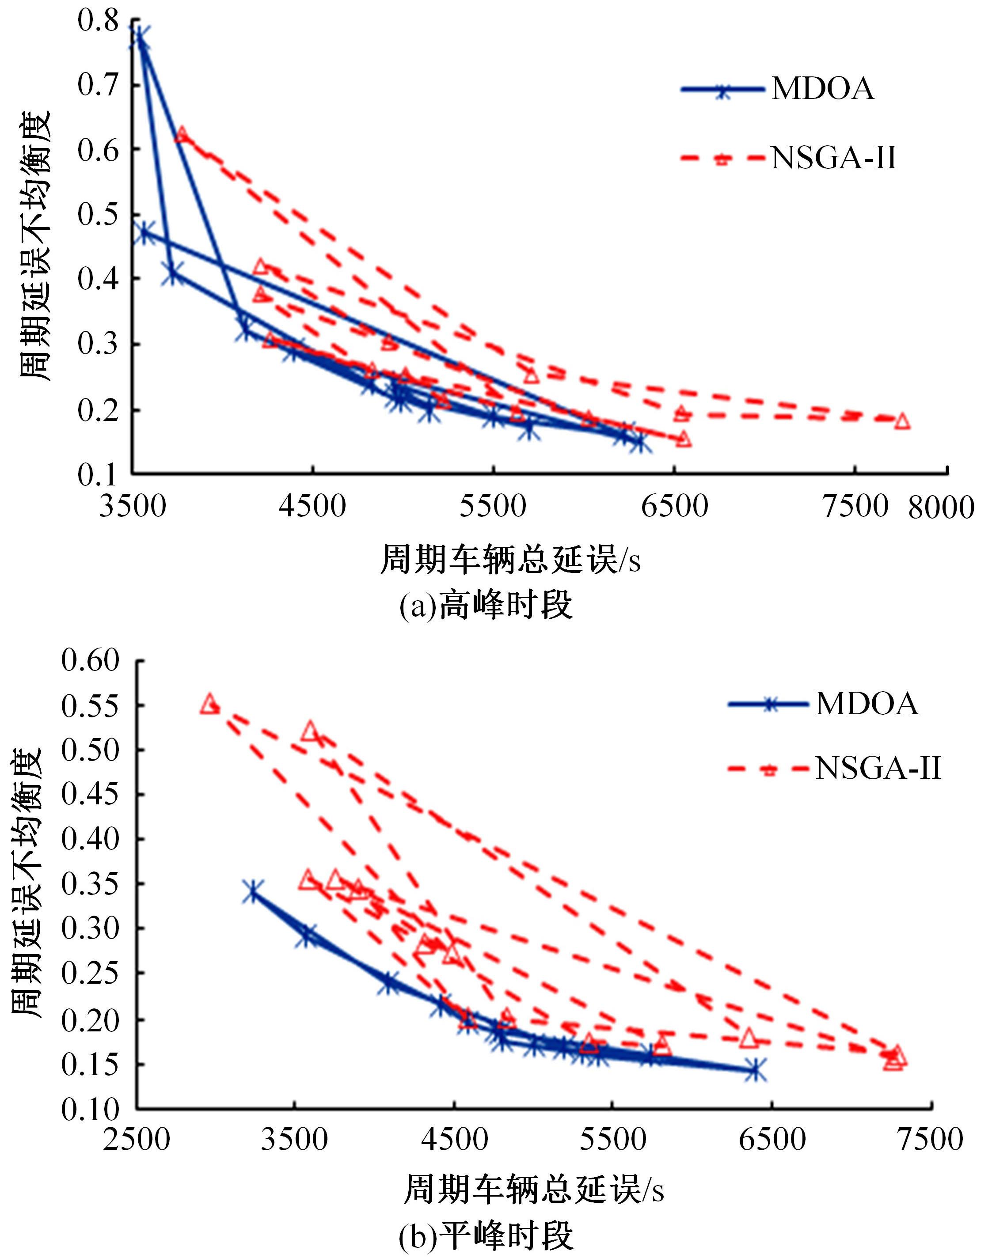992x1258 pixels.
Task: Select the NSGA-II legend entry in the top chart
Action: (790, 157)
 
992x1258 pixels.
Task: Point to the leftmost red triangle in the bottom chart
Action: (209, 704)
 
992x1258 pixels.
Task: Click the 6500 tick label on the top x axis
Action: (674, 506)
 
